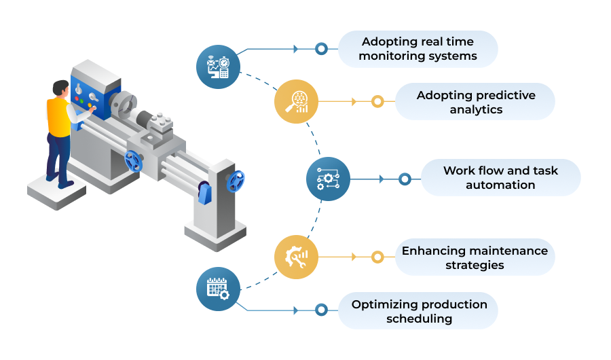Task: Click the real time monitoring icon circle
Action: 218,67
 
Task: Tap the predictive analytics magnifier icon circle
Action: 296,101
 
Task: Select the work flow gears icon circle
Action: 328,179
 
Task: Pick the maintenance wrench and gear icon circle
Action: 296,257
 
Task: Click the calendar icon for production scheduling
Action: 218,289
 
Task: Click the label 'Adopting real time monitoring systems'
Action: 418,49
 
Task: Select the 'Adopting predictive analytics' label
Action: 475,101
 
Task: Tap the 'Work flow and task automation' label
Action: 501,177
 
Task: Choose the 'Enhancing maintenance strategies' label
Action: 475,257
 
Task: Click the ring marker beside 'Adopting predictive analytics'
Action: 377,101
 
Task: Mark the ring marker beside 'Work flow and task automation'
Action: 405,179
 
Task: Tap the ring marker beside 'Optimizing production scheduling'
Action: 321,310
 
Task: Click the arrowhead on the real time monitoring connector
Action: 296,49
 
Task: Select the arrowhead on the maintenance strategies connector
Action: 354,257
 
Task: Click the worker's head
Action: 61,88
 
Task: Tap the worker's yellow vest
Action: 58,117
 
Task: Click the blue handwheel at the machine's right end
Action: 236,181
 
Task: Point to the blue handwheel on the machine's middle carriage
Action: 133,161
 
